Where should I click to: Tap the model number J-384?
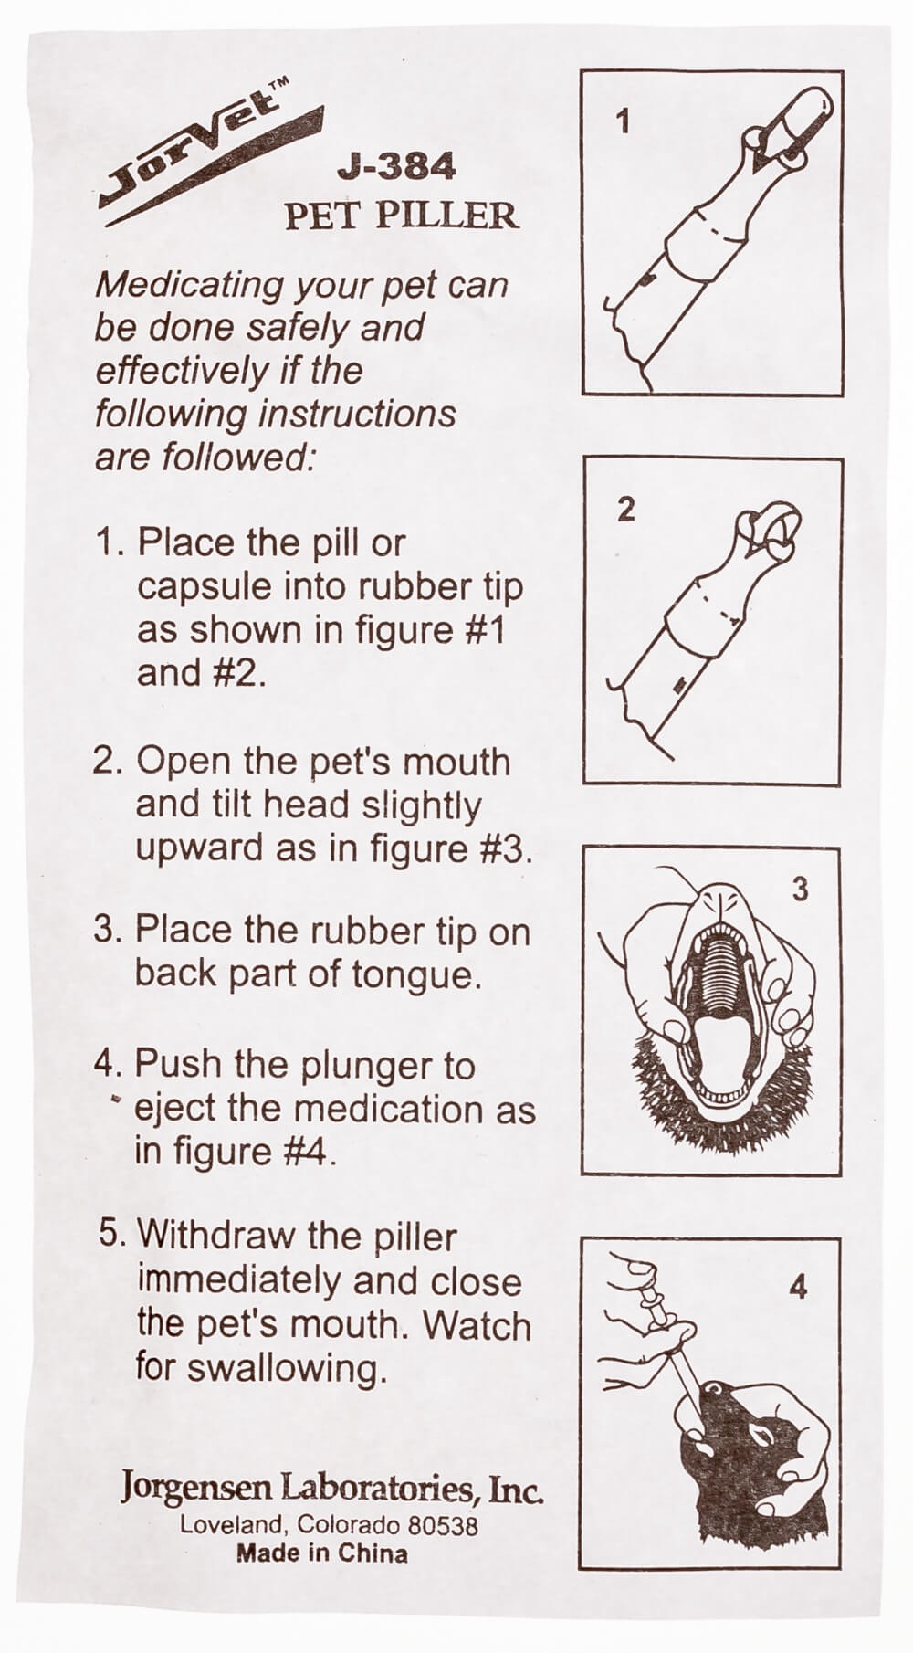point(395,166)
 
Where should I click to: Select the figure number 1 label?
point(624,121)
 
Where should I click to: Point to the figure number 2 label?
point(625,510)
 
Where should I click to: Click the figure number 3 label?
point(800,889)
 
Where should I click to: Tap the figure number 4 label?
point(798,1288)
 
